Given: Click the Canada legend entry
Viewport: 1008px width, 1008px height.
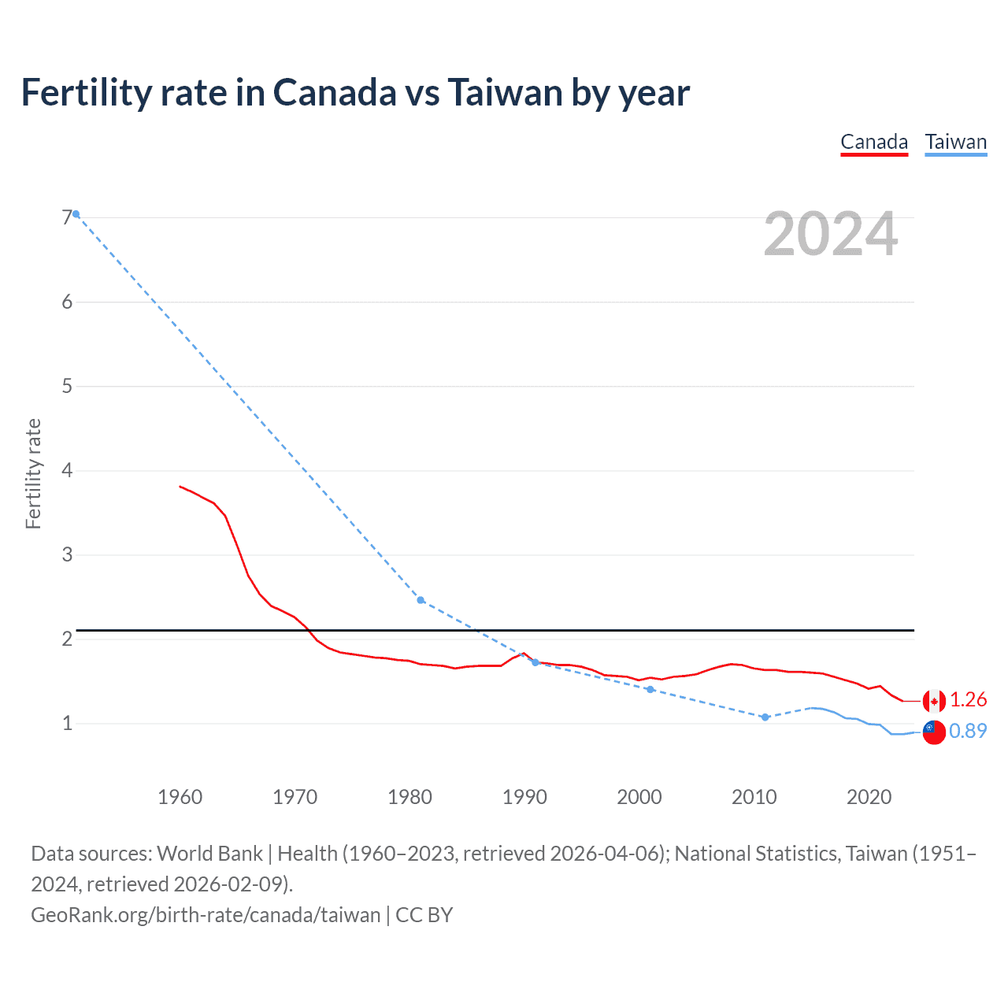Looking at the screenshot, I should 874,142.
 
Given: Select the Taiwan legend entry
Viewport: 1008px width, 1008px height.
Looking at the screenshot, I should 955,142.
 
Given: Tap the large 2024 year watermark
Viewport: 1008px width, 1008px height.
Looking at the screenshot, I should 830,234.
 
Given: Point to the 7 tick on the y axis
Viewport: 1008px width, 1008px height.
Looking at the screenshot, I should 67,217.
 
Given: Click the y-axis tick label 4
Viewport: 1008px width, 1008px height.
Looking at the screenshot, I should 67,470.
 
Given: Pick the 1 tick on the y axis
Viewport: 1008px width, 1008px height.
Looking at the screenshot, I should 67,723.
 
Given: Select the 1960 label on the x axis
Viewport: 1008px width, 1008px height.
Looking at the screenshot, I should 180,797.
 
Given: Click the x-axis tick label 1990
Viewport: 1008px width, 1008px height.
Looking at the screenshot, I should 524,797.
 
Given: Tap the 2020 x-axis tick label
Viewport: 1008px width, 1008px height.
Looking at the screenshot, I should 869,797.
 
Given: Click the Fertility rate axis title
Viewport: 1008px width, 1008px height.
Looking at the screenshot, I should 33,473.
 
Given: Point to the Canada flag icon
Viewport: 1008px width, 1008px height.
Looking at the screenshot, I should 934,700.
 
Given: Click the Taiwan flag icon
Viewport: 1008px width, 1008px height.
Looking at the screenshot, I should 934,732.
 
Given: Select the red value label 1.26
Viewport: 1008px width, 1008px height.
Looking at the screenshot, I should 968,699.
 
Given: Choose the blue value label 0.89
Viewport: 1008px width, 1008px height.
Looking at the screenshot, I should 968,731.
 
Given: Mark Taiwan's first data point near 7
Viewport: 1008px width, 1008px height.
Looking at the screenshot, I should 76,214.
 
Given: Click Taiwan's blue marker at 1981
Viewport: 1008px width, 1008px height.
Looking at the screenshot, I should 421,600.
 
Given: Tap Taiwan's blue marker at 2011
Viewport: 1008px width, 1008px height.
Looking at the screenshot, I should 765,717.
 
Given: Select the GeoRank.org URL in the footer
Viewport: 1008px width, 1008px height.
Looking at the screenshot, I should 206,914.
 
